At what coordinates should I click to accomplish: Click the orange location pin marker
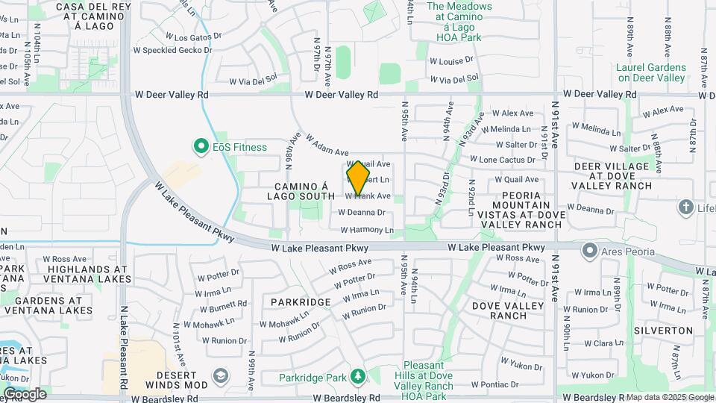358,178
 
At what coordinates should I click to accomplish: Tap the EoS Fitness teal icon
200,147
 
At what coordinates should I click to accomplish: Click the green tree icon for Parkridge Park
358,376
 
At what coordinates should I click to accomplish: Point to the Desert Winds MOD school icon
220,374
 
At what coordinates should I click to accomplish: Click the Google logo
24,393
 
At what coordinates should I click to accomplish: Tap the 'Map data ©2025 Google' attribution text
669,397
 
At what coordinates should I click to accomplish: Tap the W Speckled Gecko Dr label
174,51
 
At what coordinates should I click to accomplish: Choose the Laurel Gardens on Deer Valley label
650,72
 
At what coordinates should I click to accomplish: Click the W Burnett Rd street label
222,304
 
